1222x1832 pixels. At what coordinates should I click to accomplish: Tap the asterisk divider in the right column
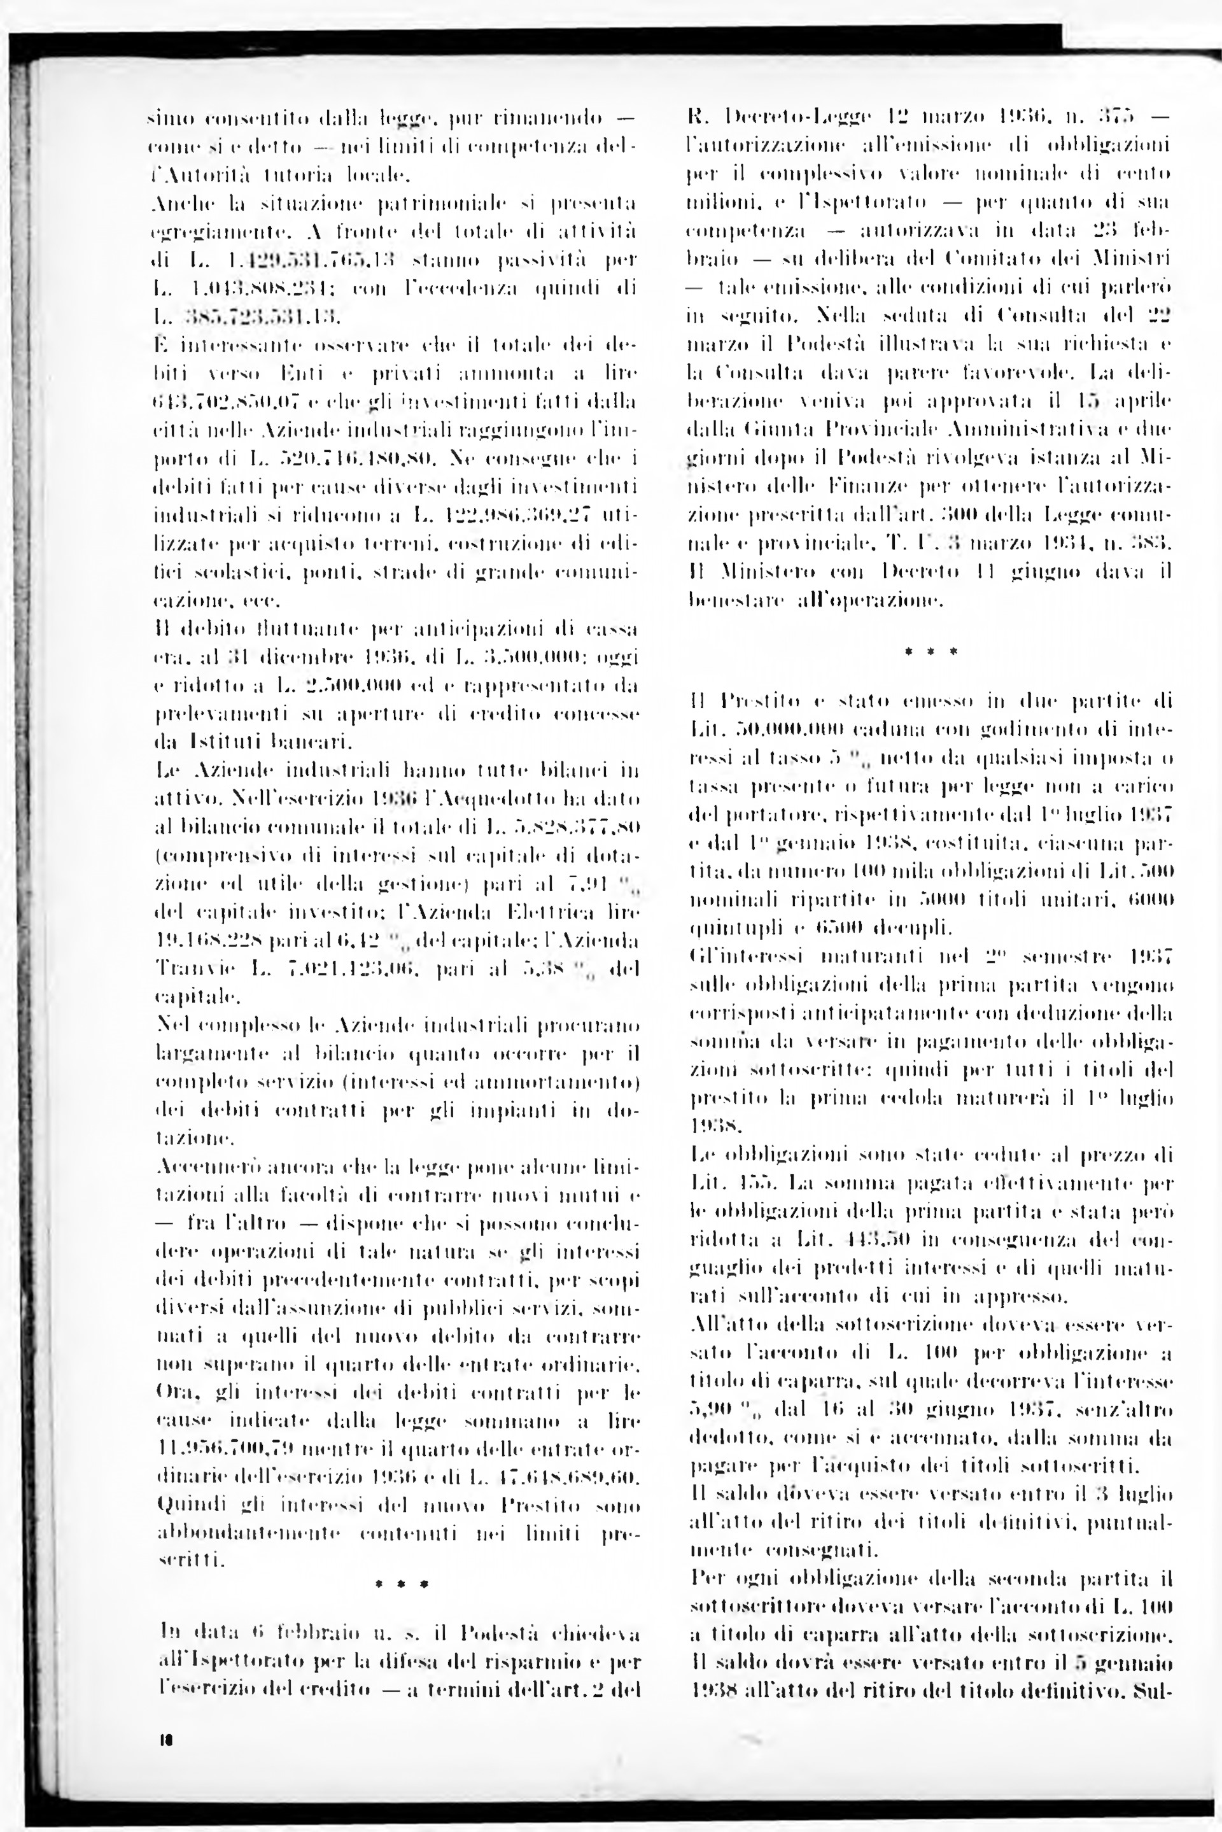point(931,651)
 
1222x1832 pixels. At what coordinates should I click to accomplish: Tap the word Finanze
point(875,486)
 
